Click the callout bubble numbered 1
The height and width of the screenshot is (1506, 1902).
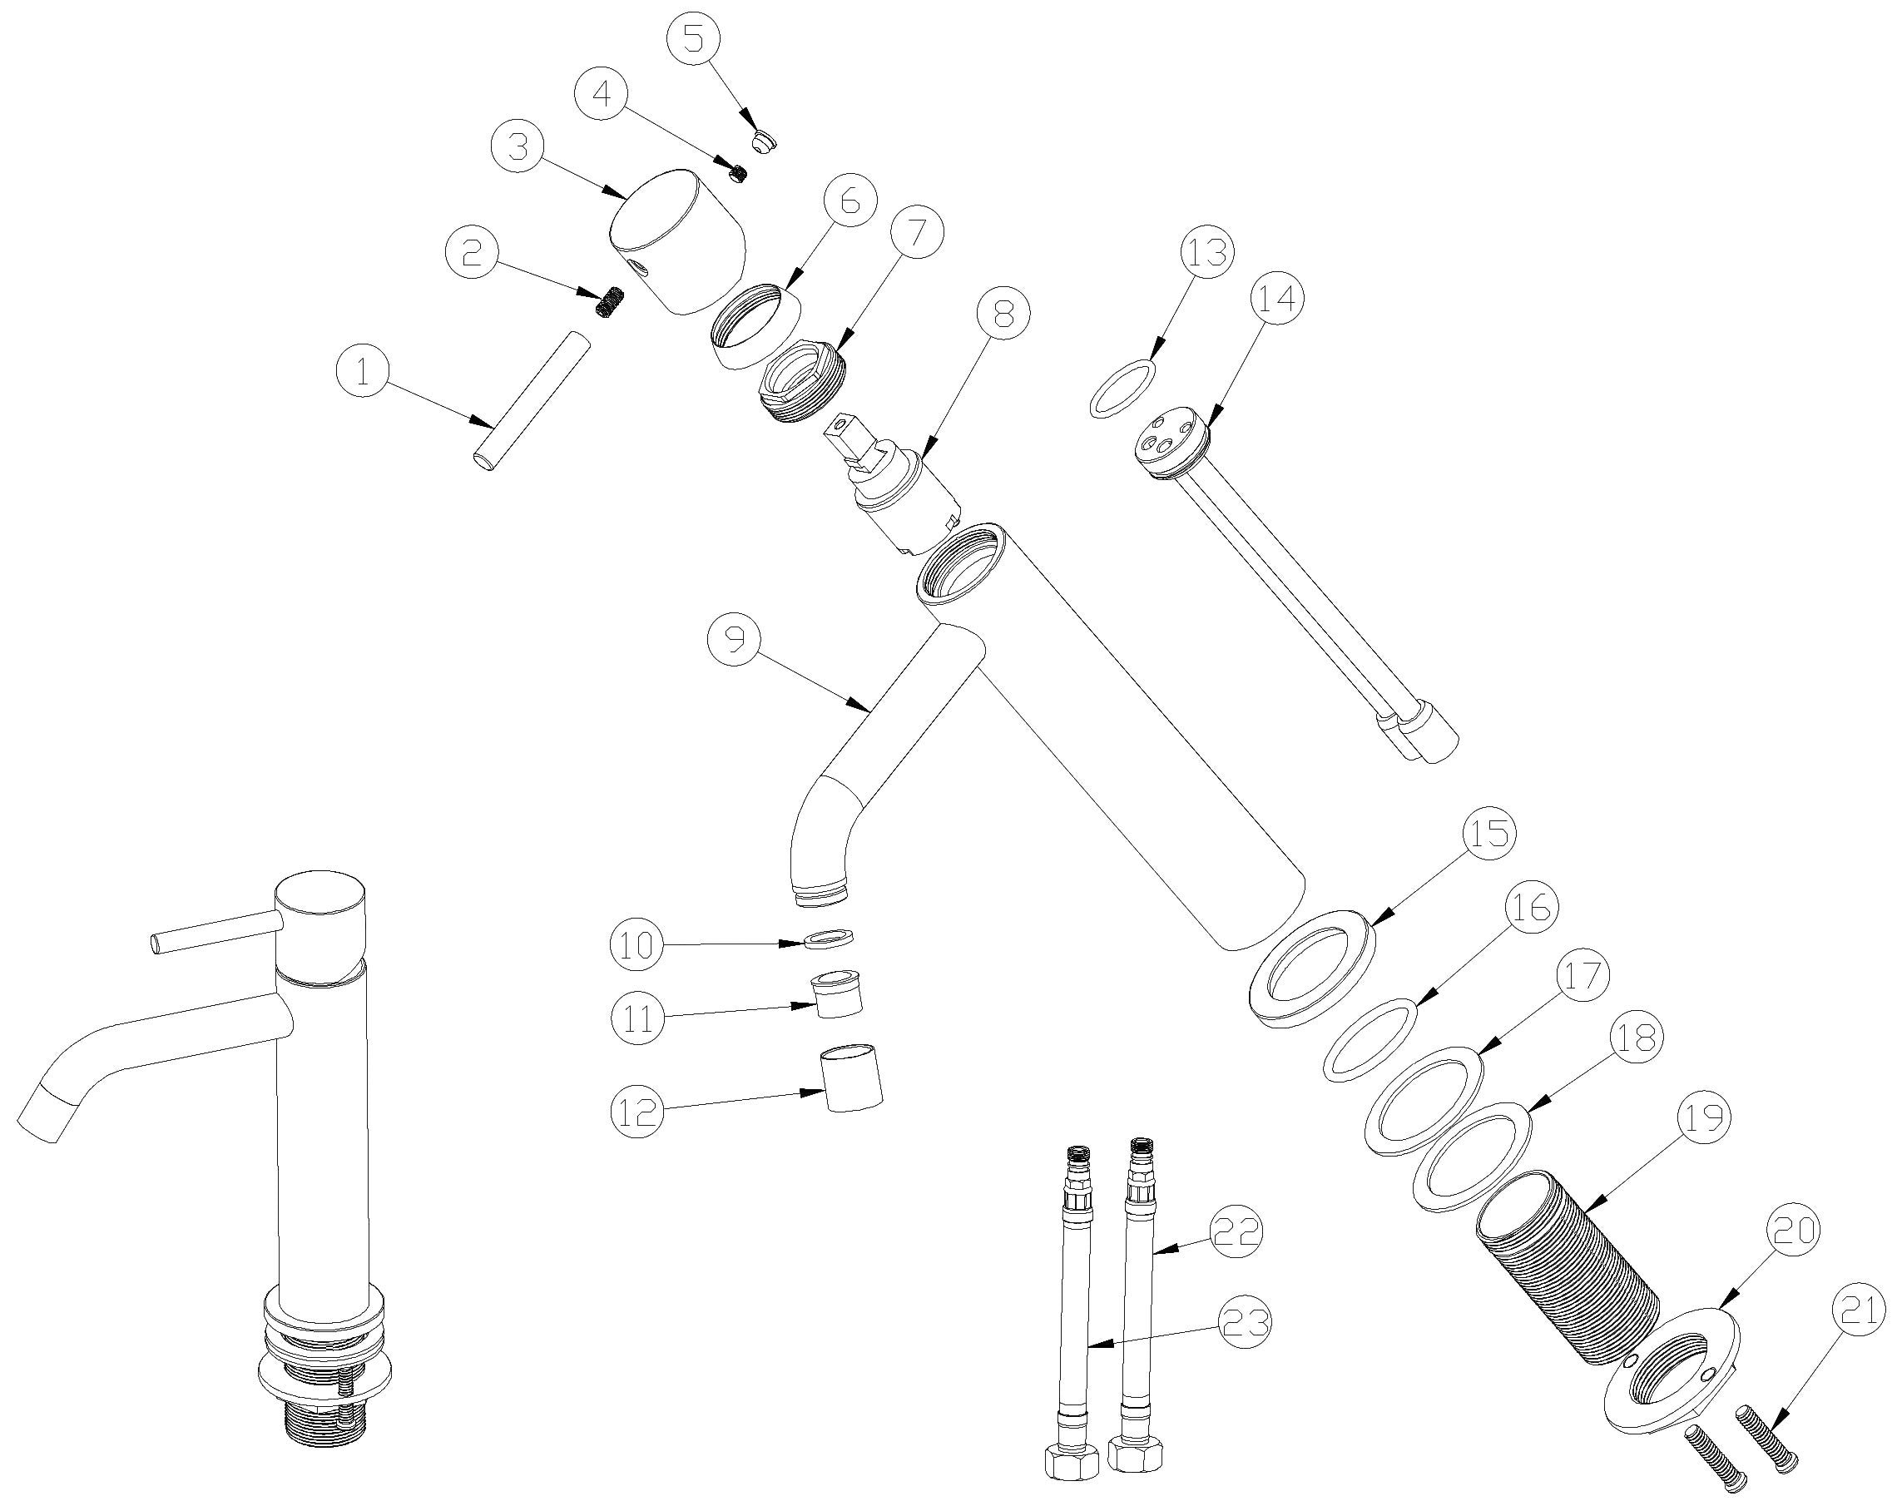tap(364, 373)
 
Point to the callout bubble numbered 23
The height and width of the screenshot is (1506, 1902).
tap(1243, 1323)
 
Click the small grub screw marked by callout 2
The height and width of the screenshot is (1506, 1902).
tap(608, 305)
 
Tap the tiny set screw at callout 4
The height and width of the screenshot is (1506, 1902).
tap(738, 173)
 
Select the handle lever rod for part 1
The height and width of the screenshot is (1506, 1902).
tap(529, 401)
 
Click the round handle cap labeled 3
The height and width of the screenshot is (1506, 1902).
tap(677, 240)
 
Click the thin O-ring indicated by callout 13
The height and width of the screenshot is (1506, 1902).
tap(1122, 388)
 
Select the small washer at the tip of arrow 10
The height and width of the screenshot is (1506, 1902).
tap(830, 936)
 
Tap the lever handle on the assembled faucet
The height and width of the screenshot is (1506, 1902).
tap(217, 934)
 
